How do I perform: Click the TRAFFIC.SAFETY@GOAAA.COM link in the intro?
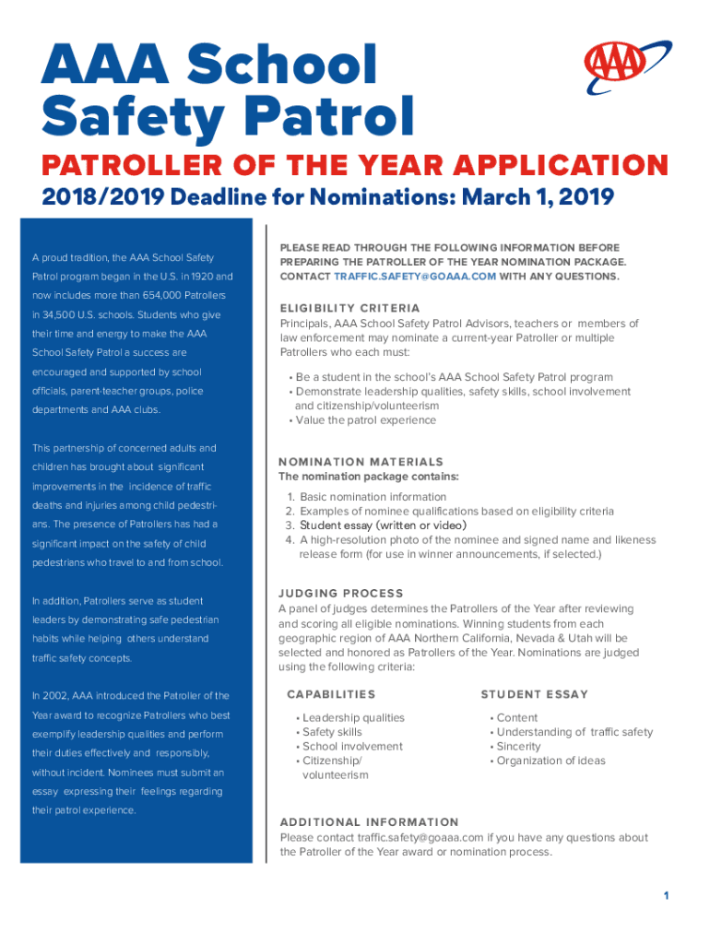[414, 277]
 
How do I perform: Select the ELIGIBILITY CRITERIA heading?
[349, 308]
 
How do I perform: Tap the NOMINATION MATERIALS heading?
[361, 462]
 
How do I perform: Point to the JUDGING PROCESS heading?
[341, 593]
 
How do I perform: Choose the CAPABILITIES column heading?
[331, 694]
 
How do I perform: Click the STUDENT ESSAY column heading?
[534, 694]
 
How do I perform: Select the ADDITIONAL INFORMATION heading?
[369, 821]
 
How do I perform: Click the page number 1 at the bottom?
[665, 896]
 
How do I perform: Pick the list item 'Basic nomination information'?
[373, 497]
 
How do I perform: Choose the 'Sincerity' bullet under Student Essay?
[519, 746]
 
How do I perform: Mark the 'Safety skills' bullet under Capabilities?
[332, 732]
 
